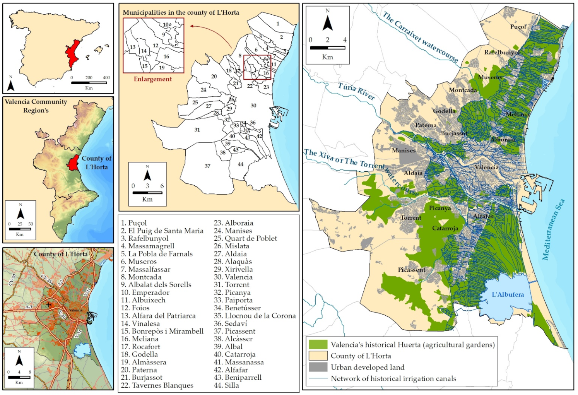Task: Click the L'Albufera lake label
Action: [508, 294]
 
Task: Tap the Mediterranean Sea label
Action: [553, 229]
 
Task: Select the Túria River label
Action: [356, 91]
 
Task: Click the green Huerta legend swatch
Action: [318, 344]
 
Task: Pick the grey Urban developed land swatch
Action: [318, 367]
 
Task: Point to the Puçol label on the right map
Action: [518, 27]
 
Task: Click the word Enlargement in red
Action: [152, 79]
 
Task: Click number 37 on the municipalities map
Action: [207, 166]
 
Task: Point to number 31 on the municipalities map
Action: [197, 130]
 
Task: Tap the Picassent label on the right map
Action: [411, 270]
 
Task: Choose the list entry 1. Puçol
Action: [134, 223]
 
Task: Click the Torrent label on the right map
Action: [411, 218]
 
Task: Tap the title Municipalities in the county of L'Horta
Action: [181, 12]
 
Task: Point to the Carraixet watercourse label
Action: [420, 37]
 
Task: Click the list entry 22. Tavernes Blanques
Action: [157, 385]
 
